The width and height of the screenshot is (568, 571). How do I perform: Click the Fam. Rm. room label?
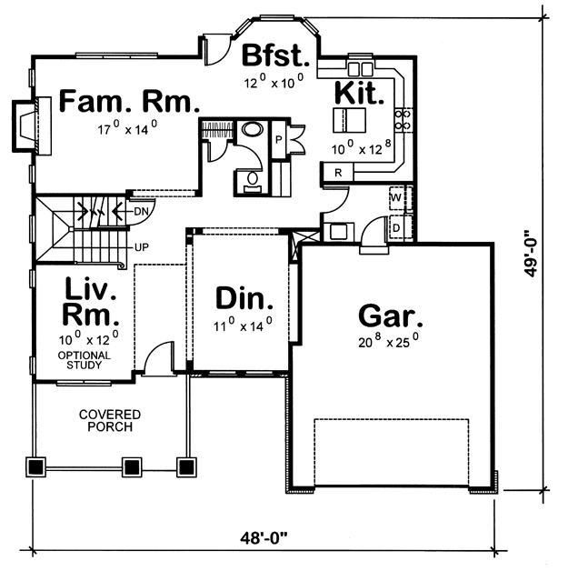click(x=129, y=101)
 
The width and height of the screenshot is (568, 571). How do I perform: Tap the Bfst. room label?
click(x=275, y=55)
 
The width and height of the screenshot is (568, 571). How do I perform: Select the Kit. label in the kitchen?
click(x=359, y=94)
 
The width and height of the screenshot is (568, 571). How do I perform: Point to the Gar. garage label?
click(x=391, y=316)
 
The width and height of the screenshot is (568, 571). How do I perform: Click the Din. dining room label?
click(x=244, y=298)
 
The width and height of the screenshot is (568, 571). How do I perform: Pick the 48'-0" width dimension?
click(x=264, y=537)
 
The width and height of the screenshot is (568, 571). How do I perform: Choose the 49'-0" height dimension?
click(x=532, y=254)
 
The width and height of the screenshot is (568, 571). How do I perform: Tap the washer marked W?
click(x=396, y=197)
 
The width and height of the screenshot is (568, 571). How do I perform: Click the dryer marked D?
click(x=396, y=227)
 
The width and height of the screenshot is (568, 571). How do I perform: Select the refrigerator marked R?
click(x=338, y=172)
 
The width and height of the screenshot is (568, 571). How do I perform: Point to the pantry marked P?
click(x=279, y=139)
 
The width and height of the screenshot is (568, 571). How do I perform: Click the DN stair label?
click(x=142, y=211)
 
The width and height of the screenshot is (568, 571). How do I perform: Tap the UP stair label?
click(x=142, y=247)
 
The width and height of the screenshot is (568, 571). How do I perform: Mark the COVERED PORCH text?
click(x=110, y=421)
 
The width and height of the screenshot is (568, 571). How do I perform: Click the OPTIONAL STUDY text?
click(x=85, y=360)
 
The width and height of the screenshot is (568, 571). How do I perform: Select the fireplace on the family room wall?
click(x=32, y=125)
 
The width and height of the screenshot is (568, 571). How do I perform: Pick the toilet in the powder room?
click(x=252, y=181)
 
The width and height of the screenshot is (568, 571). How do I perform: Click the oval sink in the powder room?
click(x=253, y=129)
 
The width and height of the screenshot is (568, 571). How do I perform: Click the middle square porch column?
click(x=132, y=466)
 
